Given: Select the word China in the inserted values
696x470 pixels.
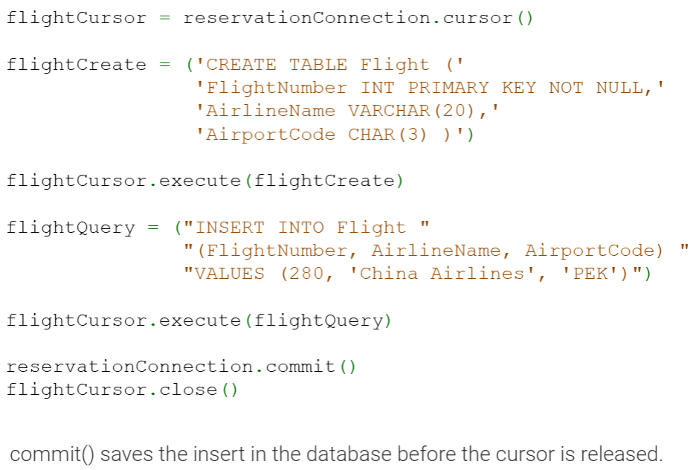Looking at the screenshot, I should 389,274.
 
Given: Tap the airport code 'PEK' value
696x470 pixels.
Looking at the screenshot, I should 590,274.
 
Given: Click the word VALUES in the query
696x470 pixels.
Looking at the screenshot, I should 229,274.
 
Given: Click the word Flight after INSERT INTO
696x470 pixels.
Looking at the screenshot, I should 371,228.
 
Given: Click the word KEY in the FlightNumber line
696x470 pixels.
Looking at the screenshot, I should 519,88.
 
